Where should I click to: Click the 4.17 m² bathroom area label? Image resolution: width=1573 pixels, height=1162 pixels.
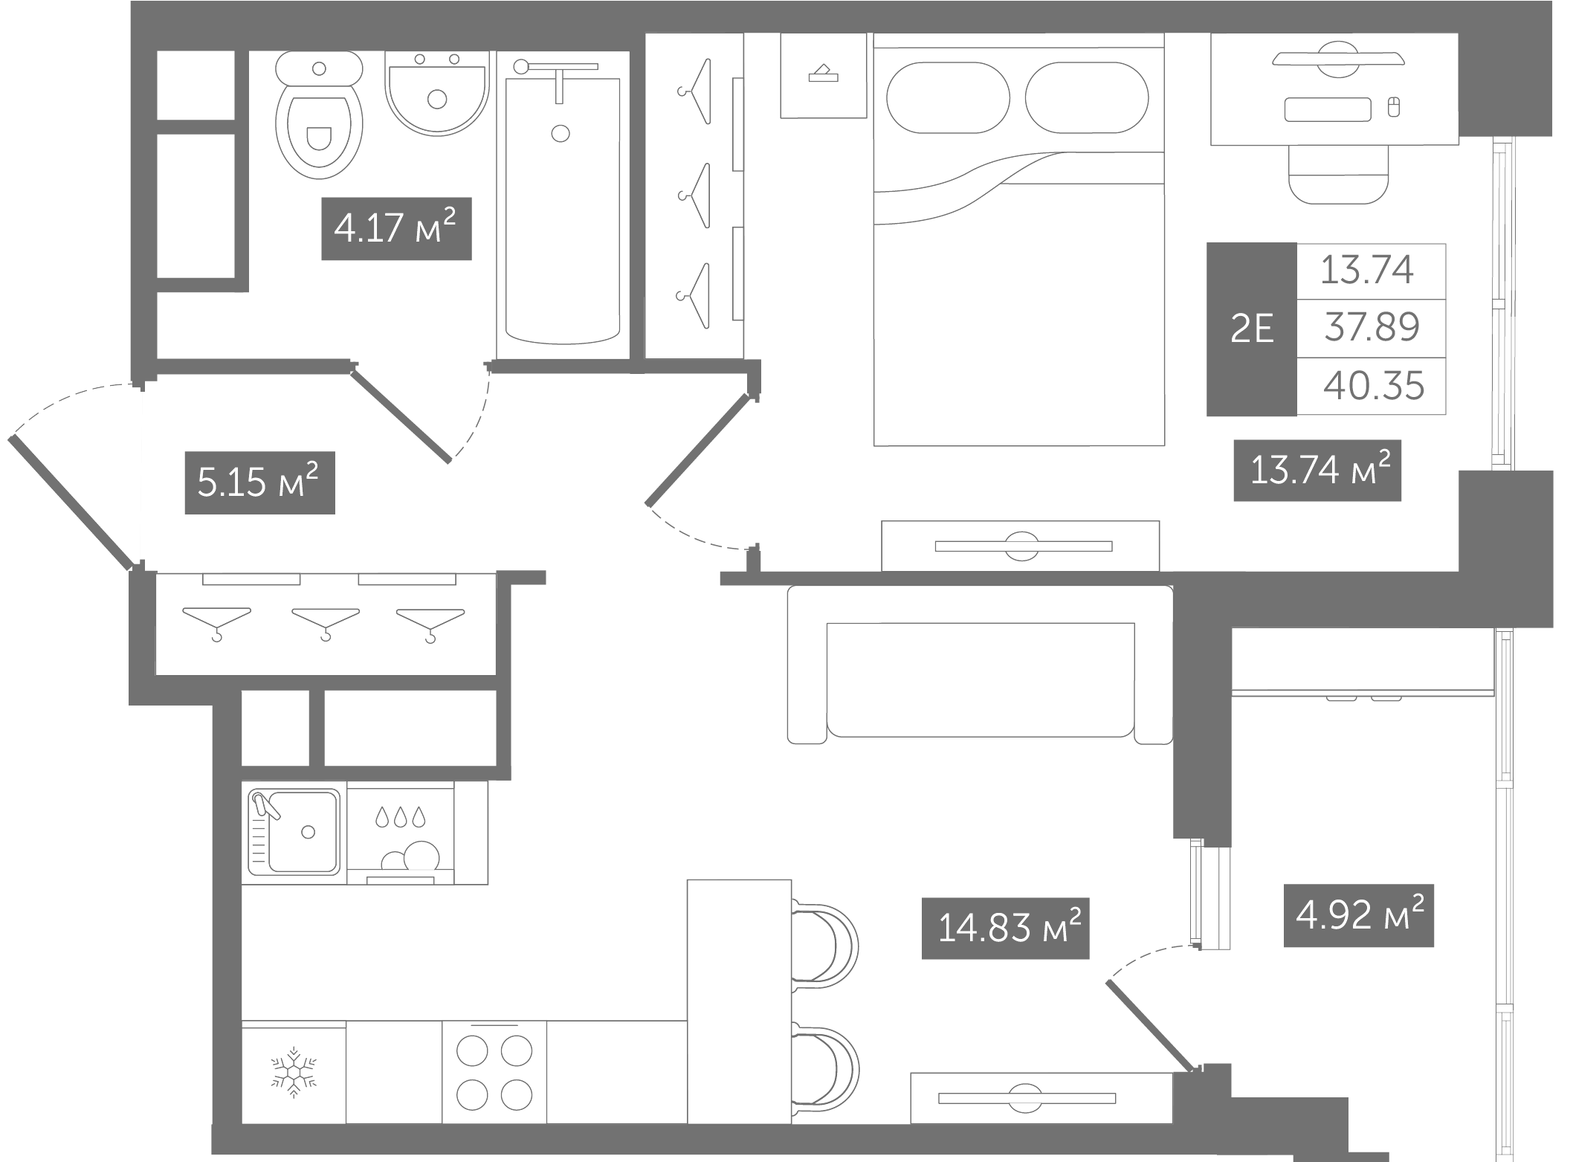tap(396, 228)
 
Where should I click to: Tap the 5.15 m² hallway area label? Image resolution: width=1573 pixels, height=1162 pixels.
tap(259, 482)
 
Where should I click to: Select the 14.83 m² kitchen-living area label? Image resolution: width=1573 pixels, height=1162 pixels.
tap(1005, 928)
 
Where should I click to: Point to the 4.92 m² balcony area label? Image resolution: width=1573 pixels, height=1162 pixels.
tap(1358, 915)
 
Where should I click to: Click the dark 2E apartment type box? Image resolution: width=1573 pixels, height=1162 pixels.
tap(1252, 329)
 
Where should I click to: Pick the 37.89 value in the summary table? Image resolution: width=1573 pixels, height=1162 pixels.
tap(1372, 327)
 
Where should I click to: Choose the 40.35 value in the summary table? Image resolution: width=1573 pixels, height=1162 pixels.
tap(1374, 386)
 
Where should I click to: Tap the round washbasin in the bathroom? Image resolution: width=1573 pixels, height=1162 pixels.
tap(437, 93)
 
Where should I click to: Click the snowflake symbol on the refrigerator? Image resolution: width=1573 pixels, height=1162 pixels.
tap(294, 1073)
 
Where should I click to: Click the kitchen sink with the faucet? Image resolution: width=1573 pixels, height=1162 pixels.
tap(294, 831)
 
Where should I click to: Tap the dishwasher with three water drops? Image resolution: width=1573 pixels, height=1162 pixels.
tap(400, 833)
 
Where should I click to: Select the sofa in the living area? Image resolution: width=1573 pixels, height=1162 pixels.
tap(980, 664)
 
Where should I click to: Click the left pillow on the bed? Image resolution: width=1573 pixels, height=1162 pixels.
tap(948, 97)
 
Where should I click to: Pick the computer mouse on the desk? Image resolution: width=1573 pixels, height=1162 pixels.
tap(1394, 107)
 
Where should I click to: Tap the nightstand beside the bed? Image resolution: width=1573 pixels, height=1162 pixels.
tap(824, 75)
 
